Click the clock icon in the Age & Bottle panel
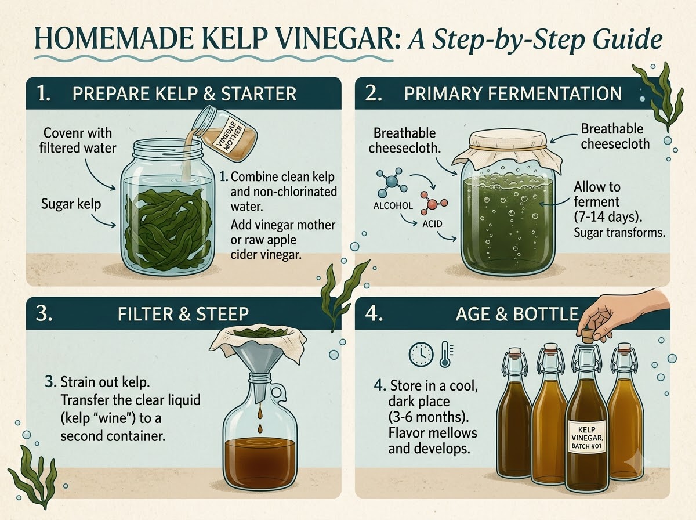420,355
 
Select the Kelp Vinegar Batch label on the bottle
587,438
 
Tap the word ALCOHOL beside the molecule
393,205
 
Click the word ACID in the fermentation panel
432,224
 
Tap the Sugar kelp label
71,204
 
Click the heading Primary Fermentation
513,93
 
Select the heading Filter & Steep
183,314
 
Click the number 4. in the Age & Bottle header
374,313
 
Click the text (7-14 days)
606,217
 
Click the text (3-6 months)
429,417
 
